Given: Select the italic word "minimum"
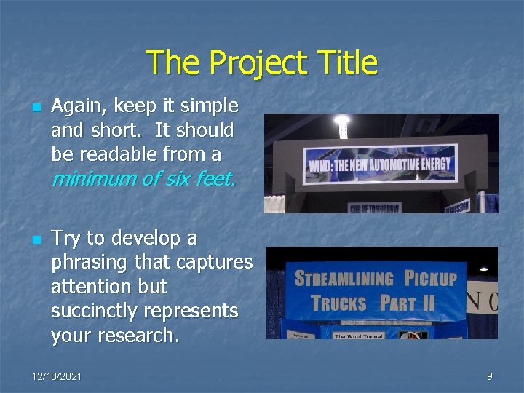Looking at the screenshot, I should coord(92,179).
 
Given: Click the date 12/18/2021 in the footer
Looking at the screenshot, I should coord(57,376).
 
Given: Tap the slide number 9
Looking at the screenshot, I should coord(490,376).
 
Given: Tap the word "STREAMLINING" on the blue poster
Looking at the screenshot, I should coord(344,279).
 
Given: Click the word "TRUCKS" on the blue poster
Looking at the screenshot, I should coord(338,303).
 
